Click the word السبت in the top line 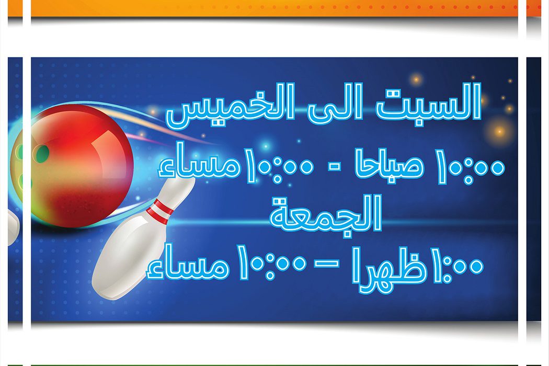point(429,102)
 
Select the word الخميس point(231,105)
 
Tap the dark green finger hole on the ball point(41,154)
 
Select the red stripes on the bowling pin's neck point(159,211)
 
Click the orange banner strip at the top point(274,8)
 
